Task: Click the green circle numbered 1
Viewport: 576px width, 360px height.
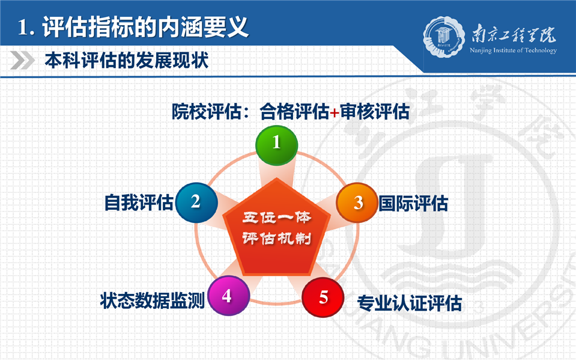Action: tap(276, 145)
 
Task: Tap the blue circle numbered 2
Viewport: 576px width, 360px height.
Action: tap(196, 203)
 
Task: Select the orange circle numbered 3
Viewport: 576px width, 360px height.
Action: tap(357, 203)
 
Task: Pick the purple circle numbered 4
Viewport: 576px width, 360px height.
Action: tap(228, 296)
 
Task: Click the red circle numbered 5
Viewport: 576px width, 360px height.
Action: tap(323, 297)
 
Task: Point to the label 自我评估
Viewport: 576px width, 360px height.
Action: tap(139, 203)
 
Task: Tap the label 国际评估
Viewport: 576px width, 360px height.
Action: tap(413, 203)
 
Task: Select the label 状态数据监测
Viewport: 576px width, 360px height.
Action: tap(152, 301)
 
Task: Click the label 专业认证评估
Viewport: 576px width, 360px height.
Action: tap(410, 304)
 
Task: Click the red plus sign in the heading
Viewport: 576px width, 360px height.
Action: tap(335, 112)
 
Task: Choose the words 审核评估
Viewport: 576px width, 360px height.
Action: tap(374, 111)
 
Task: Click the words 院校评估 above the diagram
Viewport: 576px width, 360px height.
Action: tap(207, 111)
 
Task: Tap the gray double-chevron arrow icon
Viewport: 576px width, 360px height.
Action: tap(22, 60)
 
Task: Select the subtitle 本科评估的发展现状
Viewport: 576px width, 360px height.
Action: tap(127, 60)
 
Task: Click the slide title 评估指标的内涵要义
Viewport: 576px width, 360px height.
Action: tap(145, 27)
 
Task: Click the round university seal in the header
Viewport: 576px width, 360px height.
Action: tap(444, 37)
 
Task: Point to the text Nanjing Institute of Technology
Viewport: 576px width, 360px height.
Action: tap(513, 50)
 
